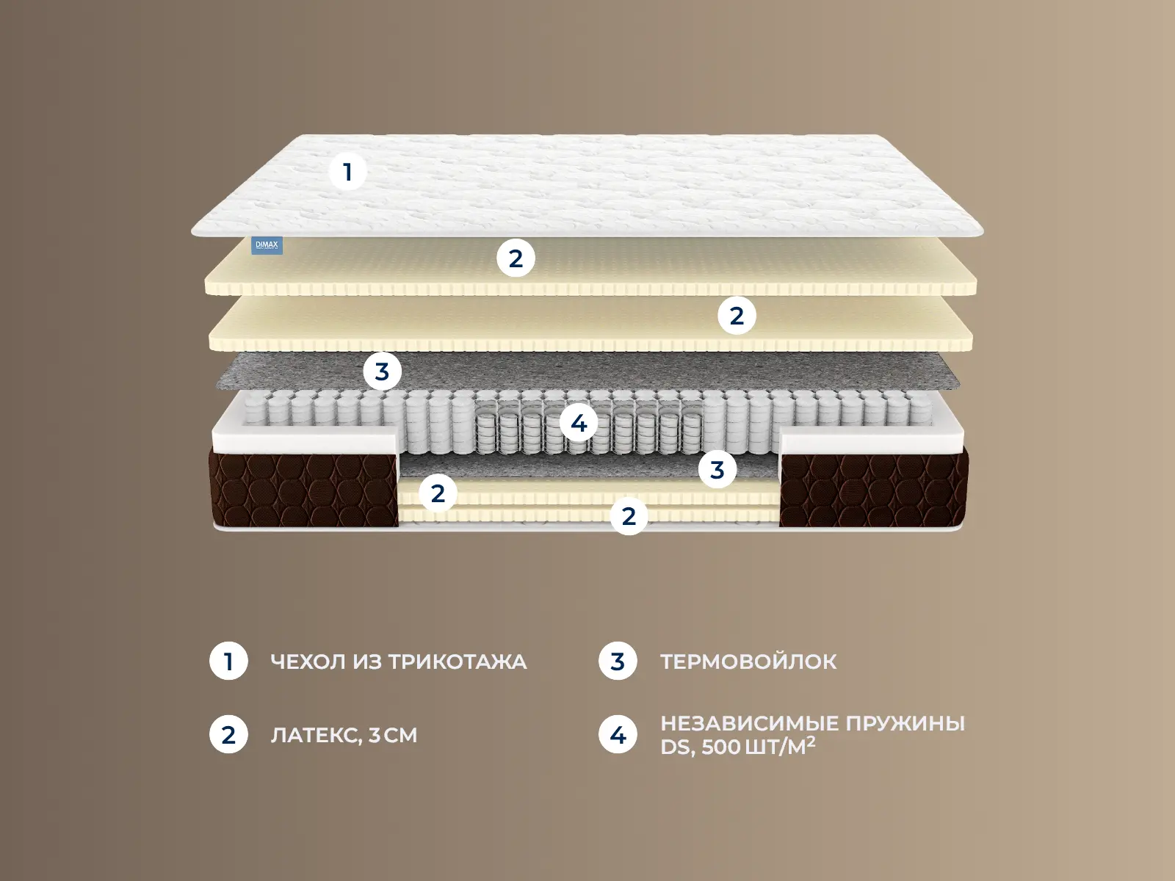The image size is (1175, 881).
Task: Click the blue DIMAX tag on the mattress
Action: click(267, 245)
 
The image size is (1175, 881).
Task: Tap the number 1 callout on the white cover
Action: click(347, 172)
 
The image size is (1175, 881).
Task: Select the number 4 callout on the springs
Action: click(579, 423)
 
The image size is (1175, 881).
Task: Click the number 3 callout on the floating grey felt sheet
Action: click(382, 371)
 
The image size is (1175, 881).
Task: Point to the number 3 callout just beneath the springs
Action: click(717, 469)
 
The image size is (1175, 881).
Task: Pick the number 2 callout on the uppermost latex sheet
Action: click(516, 258)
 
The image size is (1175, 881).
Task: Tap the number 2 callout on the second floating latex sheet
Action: click(737, 316)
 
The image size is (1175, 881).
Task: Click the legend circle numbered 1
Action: click(228, 661)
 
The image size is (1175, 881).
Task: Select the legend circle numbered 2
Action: click(228, 734)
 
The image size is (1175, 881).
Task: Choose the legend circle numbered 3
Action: click(618, 661)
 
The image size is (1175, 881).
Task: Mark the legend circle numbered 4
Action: click(618, 735)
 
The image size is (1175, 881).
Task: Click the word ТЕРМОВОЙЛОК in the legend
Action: click(748, 661)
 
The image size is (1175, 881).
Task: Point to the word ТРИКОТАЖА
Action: click(458, 661)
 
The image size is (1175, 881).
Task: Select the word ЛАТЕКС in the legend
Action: click(316, 736)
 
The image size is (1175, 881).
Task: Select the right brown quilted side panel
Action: click(874, 490)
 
